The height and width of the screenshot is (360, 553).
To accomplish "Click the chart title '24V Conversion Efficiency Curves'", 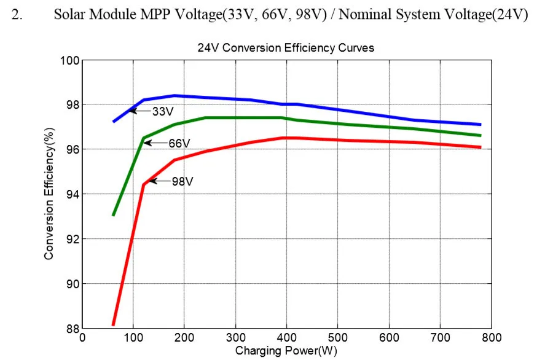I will pyautogui.click(x=286, y=47).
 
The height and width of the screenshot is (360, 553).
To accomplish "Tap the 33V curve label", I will pyautogui.click(x=163, y=111).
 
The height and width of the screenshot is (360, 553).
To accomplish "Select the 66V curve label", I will pyautogui.click(x=179, y=143).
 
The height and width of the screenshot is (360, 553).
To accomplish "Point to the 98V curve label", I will pyautogui.click(x=182, y=181).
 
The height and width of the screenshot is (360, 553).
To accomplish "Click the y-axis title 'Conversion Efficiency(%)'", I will pyautogui.click(x=49, y=195).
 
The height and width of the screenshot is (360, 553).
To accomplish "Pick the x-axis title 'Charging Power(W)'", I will pyautogui.click(x=286, y=351).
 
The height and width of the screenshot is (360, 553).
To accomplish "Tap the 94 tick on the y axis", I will pyautogui.click(x=72, y=194).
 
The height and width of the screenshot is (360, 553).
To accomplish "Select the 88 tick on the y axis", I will pyautogui.click(x=72, y=329).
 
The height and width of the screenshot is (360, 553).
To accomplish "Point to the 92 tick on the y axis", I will pyautogui.click(x=72, y=239).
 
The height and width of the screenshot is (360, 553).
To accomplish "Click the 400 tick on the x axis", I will pyautogui.click(x=286, y=337).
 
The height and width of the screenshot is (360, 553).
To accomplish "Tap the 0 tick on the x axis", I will pyautogui.click(x=82, y=337).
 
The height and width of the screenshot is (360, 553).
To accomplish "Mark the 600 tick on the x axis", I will pyautogui.click(x=388, y=337).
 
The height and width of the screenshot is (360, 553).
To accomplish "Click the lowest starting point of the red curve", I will pyautogui.click(x=113, y=324).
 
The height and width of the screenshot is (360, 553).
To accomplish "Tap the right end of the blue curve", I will pyautogui.click(x=480, y=124).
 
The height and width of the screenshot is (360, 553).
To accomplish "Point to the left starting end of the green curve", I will pyautogui.click(x=113, y=214).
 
